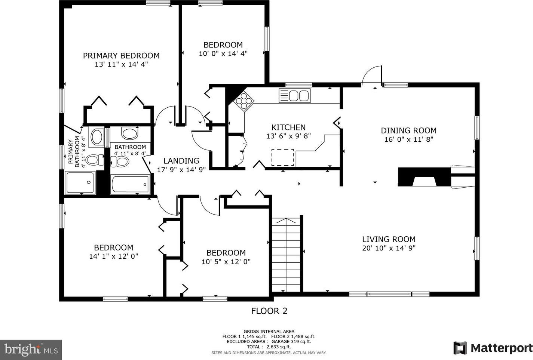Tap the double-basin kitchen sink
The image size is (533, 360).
tap(295, 96)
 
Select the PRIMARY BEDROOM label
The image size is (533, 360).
tap(121, 56)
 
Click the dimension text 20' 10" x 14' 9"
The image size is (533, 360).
tap(389, 248)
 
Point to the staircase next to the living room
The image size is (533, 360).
tap(286, 255)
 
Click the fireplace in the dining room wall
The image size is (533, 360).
tap(425, 177)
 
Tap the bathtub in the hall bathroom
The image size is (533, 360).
tap(131, 184)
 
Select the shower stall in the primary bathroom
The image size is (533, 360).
tap(80, 182)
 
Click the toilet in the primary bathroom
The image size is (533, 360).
tap(95, 160)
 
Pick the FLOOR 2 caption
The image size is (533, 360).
tap(269, 311)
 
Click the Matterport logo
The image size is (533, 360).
tap(493, 348)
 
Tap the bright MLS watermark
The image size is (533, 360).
tap(31, 350)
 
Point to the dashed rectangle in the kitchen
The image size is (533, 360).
tap(283, 157)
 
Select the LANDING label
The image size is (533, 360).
tap(181, 161)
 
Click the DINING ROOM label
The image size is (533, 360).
tap(409, 130)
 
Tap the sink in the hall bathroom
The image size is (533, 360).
tap(130, 133)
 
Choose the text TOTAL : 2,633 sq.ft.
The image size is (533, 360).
tap(269, 347)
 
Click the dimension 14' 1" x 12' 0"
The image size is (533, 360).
tap(113, 256)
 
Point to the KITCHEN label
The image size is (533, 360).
tap(288, 127)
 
